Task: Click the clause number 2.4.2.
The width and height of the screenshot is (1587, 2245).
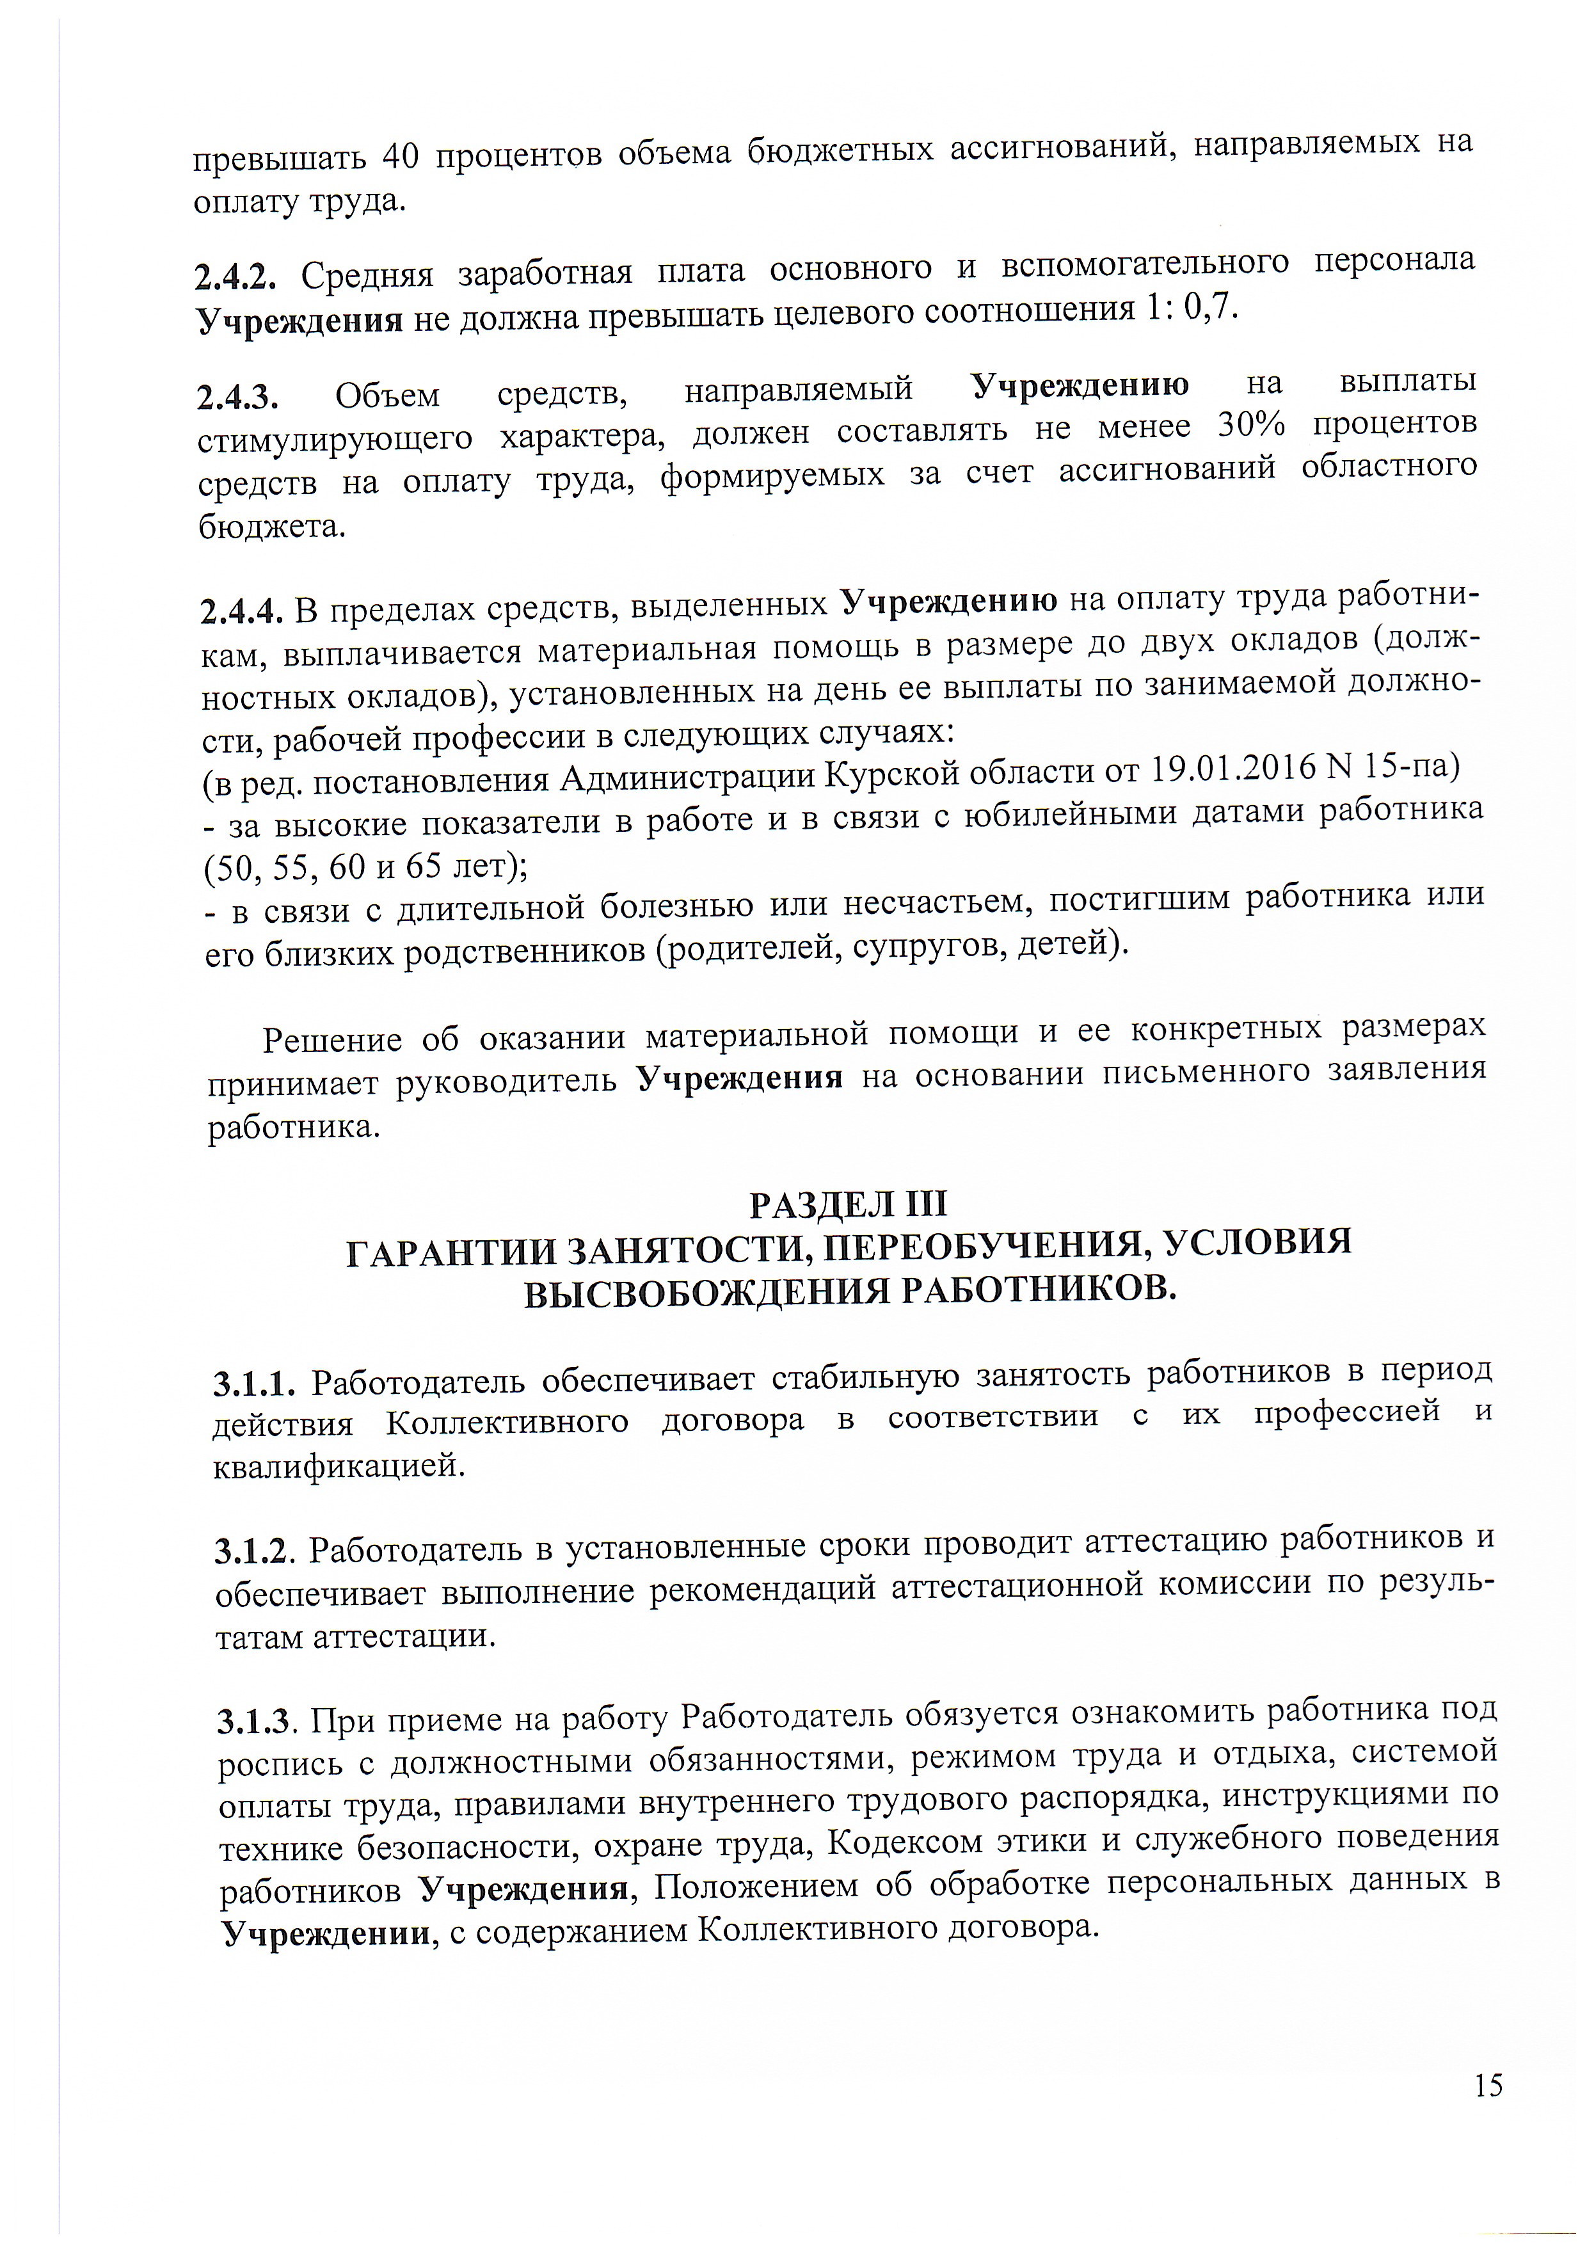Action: coord(235,278)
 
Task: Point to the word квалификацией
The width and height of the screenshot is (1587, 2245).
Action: coord(339,1466)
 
